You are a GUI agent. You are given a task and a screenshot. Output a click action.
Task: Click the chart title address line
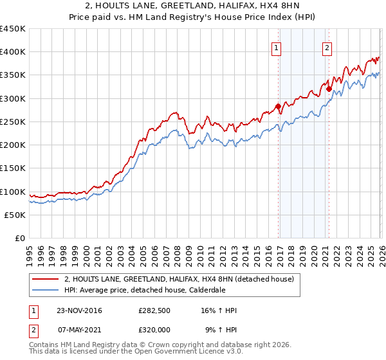click(192, 6)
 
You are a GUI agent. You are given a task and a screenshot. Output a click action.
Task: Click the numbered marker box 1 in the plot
click(276, 47)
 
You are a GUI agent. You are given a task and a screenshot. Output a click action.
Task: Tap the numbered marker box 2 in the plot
click(327, 47)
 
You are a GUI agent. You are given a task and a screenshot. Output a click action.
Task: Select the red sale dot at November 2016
click(278, 106)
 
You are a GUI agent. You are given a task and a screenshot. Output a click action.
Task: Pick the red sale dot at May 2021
click(328, 89)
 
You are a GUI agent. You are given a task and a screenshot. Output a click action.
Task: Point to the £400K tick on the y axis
click(13, 52)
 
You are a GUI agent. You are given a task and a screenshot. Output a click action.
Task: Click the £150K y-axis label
click(13, 168)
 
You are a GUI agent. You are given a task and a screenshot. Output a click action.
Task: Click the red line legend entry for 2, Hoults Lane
click(179, 279)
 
